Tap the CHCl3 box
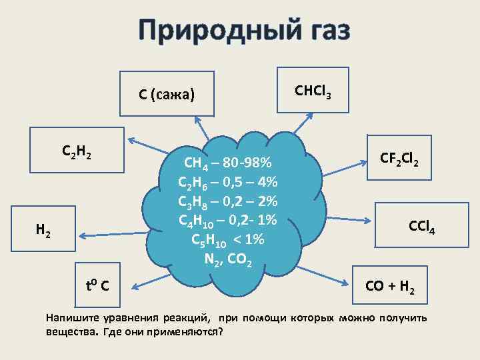point(313,89)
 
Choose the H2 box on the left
point(43,231)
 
